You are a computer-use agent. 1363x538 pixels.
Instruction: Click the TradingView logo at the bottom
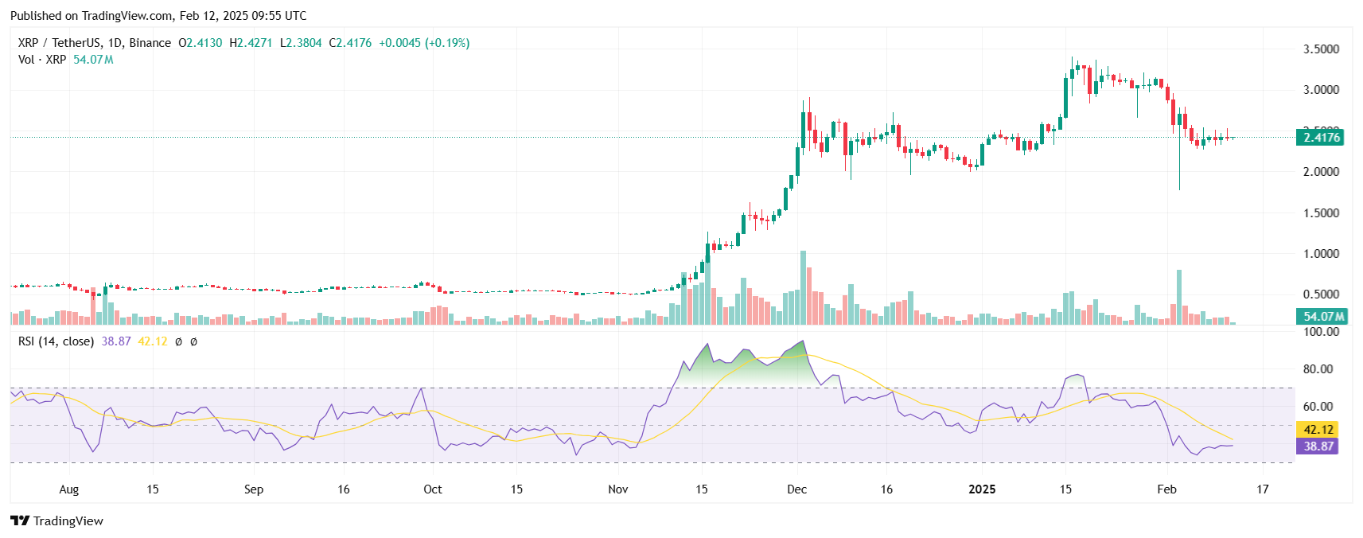57,521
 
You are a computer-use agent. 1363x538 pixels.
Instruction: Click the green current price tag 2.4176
1321,138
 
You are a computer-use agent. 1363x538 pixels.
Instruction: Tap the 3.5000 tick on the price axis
1320,49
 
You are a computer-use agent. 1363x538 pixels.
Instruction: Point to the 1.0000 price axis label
1320,254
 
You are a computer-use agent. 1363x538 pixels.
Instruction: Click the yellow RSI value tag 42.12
1318,430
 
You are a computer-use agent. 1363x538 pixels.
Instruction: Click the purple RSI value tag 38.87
1318,446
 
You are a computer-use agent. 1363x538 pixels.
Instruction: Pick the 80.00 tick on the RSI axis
1318,369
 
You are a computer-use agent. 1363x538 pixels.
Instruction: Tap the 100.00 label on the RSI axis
1320,332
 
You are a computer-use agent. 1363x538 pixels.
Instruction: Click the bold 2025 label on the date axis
982,489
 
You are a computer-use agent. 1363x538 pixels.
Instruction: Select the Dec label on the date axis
796,489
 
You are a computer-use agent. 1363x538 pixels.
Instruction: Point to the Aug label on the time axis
69,489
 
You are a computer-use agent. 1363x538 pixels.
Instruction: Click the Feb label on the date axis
1166,489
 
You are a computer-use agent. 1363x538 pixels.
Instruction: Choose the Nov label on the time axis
617,489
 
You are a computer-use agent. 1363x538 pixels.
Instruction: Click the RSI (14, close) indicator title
56,341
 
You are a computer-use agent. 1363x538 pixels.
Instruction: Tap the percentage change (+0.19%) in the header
447,43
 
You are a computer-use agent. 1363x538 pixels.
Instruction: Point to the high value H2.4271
251,43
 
